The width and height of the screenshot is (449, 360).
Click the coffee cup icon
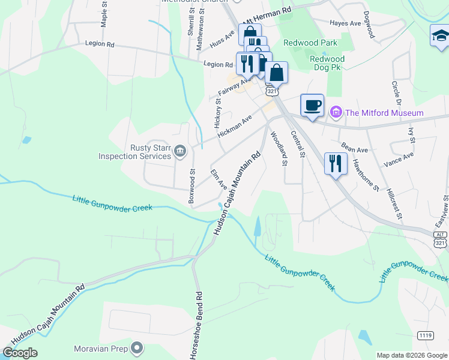click(x=312, y=106)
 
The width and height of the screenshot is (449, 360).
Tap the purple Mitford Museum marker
click(x=336, y=112)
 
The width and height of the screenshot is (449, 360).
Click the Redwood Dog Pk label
click(x=327, y=64)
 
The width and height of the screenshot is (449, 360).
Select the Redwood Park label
click(x=310, y=43)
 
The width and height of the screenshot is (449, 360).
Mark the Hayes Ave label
click(x=345, y=23)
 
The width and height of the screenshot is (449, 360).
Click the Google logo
click(x=20, y=353)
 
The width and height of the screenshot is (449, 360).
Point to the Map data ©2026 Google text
click(x=411, y=355)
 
